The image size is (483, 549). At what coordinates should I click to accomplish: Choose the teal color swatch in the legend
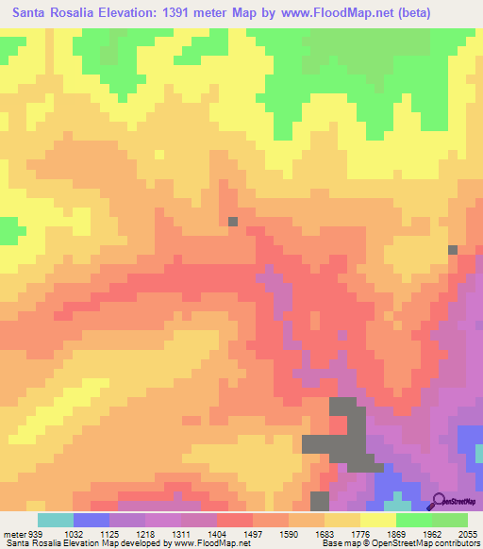(56, 520)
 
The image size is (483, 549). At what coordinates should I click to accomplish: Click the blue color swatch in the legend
(92, 520)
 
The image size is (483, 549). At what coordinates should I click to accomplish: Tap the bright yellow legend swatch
(378, 520)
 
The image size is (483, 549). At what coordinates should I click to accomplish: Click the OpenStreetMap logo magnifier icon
(440, 502)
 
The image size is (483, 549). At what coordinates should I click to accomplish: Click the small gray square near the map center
(232, 222)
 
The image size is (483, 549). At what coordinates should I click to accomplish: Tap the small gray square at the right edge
(453, 250)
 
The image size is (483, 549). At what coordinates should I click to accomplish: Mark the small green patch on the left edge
(10, 229)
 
